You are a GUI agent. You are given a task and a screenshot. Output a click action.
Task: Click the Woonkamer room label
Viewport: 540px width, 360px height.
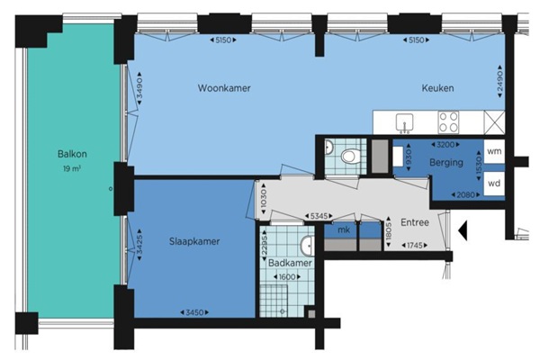(x=224, y=88)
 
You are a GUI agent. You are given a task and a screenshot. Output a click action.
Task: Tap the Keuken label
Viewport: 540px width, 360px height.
(x=437, y=88)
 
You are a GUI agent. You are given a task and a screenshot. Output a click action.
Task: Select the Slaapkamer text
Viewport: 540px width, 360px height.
(x=194, y=241)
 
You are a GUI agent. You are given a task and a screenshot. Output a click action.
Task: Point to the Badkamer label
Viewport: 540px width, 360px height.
(x=290, y=263)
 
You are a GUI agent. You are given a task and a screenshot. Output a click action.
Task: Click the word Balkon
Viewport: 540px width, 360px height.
(x=72, y=154)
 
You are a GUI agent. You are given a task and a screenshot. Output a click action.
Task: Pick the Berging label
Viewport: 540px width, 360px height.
(x=446, y=162)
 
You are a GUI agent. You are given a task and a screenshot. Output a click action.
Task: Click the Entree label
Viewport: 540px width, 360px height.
(x=415, y=222)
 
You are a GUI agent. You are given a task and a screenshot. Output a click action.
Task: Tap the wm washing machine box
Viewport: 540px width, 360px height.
(x=494, y=151)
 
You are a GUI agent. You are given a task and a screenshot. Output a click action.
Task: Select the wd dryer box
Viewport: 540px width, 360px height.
(x=494, y=184)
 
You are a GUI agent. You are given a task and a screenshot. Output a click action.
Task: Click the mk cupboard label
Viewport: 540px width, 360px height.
(x=344, y=229)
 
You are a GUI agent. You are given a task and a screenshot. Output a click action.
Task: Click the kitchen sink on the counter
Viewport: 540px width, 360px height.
(x=405, y=122)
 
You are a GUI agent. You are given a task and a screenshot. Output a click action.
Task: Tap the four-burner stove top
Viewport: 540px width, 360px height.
(x=448, y=122)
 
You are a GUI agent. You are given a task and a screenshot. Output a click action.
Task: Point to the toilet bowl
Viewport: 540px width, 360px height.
(x=350, y=157)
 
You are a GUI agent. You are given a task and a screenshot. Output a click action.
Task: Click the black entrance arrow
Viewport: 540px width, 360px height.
(x=463, y=230)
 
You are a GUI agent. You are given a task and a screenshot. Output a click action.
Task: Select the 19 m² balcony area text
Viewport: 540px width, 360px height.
(x=72, y=168)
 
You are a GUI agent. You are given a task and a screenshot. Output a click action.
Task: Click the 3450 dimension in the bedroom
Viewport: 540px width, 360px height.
(x=194, y=312)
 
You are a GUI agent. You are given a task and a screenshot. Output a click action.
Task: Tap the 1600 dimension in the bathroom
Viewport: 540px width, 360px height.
(x=287, y=276)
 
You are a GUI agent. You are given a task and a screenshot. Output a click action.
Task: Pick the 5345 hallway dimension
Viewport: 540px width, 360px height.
(x=319, y=216)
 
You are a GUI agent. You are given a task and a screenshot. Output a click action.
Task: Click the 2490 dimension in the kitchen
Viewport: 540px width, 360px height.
(x=500, y=81)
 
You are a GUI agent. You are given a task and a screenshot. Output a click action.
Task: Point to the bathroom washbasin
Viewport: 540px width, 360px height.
(x=307, y=246)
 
